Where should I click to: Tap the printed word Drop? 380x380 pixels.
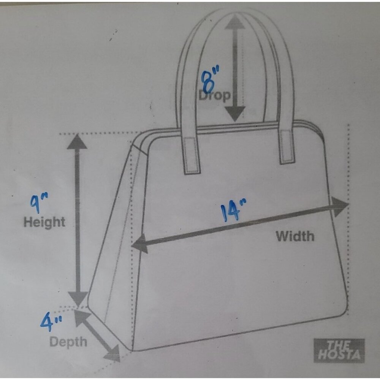(x=214, y=95)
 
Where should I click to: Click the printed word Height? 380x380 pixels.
(x=44, y=222)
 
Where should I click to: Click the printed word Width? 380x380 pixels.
(x=295, y=236)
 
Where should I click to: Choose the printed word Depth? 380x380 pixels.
(x=68, y=342)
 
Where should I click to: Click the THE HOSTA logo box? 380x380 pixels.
(x=339, y=350)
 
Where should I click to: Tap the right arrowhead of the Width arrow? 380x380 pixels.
(x=340, y=207)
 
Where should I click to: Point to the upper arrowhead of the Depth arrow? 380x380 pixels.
(x=82, y=318)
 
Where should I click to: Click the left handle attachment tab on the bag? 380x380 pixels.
(x=192, y=156)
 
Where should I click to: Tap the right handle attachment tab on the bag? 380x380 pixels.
(x=287, y=147)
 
